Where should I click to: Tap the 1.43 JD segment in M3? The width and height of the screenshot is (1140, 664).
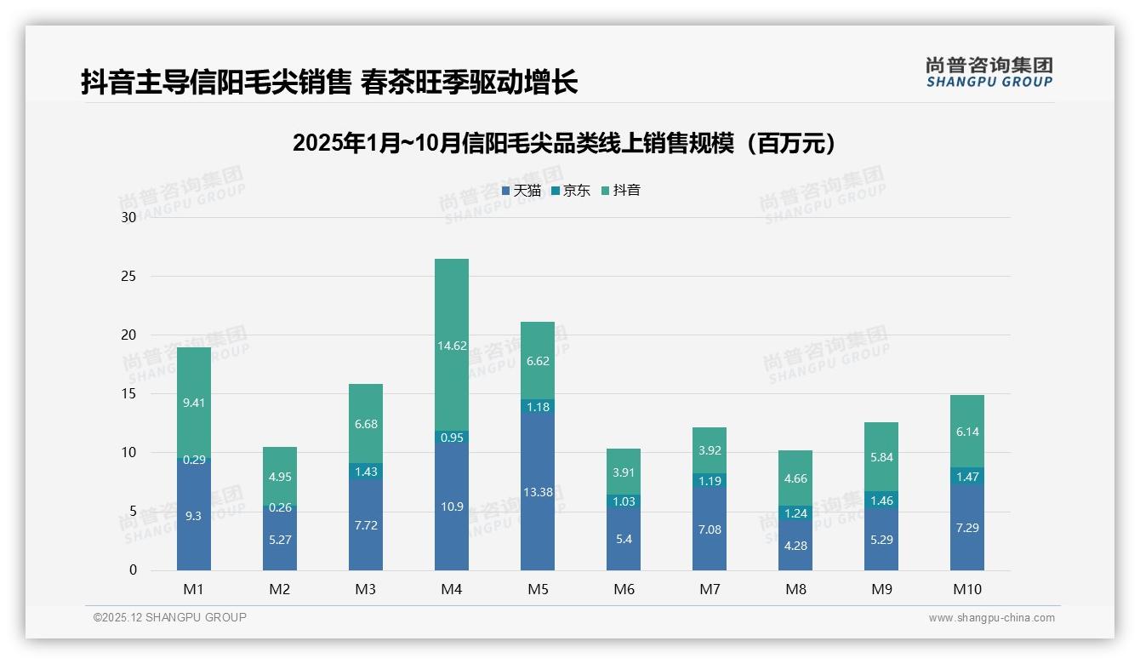366,471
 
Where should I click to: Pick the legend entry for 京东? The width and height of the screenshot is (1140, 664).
571,191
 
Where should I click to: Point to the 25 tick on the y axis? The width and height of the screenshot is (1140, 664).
128,277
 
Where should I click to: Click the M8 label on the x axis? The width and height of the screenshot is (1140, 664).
795,589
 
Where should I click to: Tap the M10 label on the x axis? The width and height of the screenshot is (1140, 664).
966,589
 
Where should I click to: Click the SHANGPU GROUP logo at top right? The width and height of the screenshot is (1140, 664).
989,72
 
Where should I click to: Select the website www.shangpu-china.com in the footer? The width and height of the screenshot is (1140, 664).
991,618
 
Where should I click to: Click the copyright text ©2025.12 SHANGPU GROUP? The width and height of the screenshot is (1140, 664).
170,618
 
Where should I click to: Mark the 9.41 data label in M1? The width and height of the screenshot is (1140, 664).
194,403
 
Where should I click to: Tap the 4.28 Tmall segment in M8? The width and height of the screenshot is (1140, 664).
795,546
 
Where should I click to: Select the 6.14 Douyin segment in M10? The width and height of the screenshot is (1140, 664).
967,432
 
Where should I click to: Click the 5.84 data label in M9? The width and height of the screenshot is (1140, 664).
881,457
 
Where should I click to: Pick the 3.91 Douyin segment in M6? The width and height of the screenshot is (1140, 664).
624,472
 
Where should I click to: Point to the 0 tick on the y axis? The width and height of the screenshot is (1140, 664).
133,570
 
